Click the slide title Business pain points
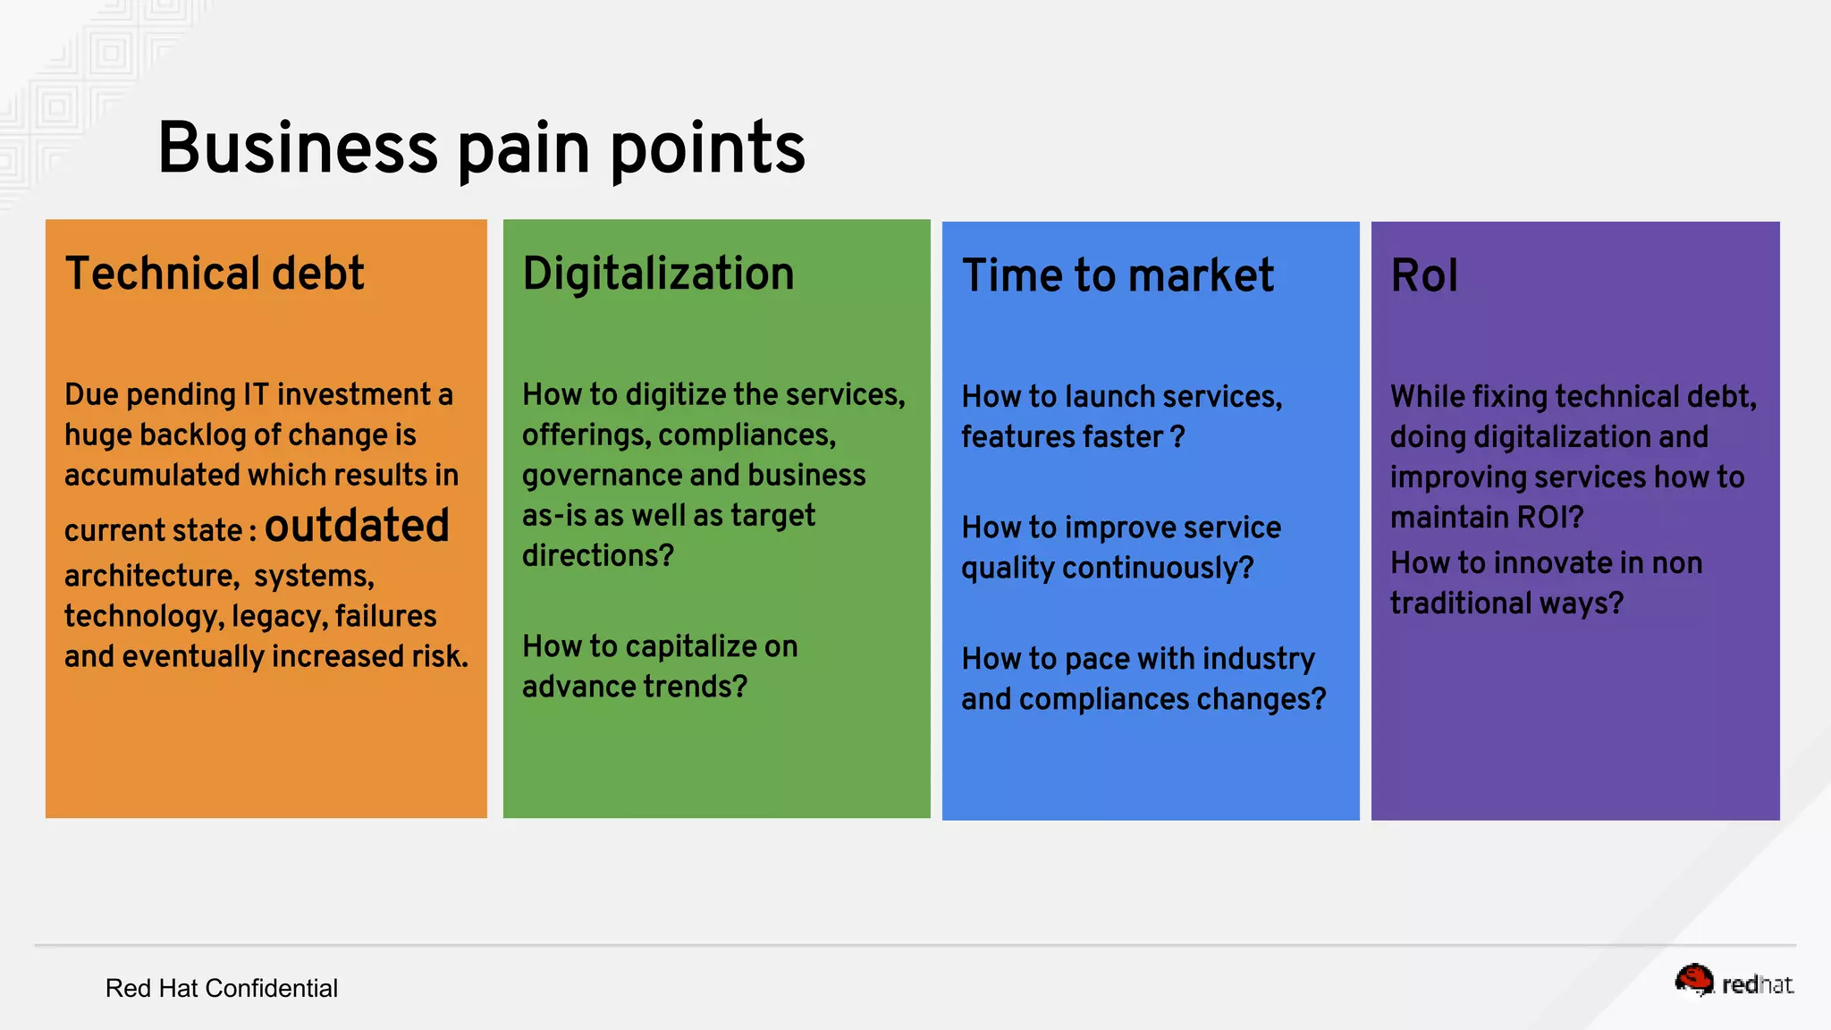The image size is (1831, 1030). coord(481,148)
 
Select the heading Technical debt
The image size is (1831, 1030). coord(215,274)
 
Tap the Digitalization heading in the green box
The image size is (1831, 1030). coord(658,274)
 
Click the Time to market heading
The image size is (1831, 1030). coord(1118,275)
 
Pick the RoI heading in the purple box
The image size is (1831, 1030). coord(1424,275)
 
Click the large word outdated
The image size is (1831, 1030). coord(357,526)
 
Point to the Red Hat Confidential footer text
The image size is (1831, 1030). coord(221,988)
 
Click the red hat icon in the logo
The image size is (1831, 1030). coord(1693,980)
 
